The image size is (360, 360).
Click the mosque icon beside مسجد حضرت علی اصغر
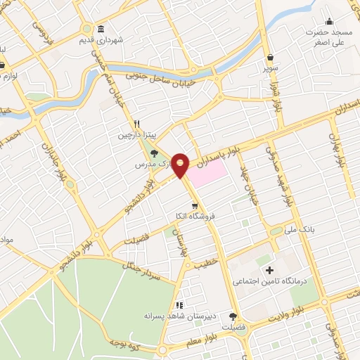(329, 22)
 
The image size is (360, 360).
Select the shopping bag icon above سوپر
(271, 58)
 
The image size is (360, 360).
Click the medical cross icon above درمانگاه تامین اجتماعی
(268, 271)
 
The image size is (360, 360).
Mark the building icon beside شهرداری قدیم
(102, 30)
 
